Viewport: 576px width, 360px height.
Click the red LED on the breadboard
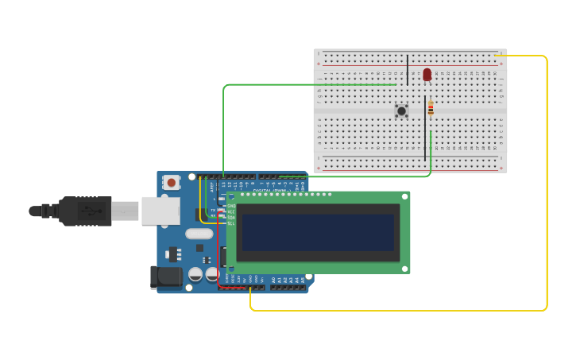(x=427, y=74)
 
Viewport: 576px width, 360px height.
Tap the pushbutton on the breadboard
(x=401, y=111)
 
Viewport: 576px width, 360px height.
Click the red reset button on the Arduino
(x=171, y=183)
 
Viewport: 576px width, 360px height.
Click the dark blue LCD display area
(x=318, y=232)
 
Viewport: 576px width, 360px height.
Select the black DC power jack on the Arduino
(x=166, y=277)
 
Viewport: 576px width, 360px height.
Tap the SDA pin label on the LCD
(x=230, y=217)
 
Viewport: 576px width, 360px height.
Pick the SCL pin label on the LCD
(x=230, y=223)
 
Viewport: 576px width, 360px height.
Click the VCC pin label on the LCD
(x=230, y=211)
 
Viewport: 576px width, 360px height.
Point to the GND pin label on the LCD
(x=230, y=206)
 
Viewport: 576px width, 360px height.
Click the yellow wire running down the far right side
(x=547, y=183)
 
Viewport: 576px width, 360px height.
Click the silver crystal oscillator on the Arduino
(x=199, y=234)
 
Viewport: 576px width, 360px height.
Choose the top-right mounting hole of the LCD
(x=404, y=196)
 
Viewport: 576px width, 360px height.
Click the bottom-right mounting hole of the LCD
(x=404, y=269)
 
